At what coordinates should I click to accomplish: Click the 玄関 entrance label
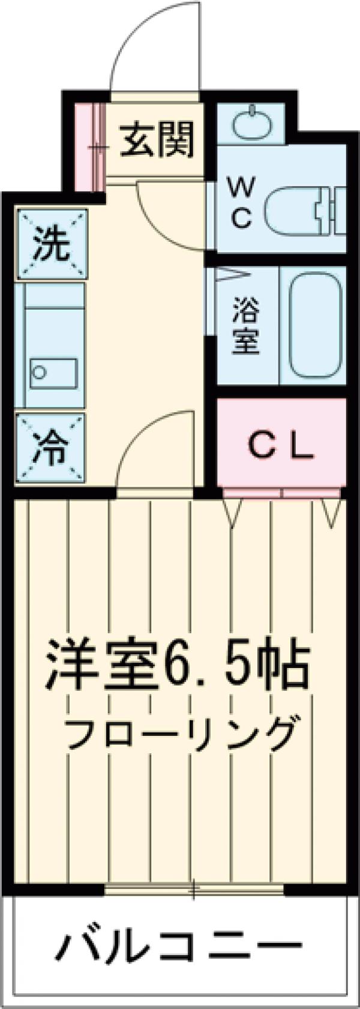pos(157,139)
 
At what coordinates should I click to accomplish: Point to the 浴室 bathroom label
pos(245,331)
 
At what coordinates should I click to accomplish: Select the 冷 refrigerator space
pos(51,447)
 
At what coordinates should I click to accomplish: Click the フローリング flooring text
pos(181,733)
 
